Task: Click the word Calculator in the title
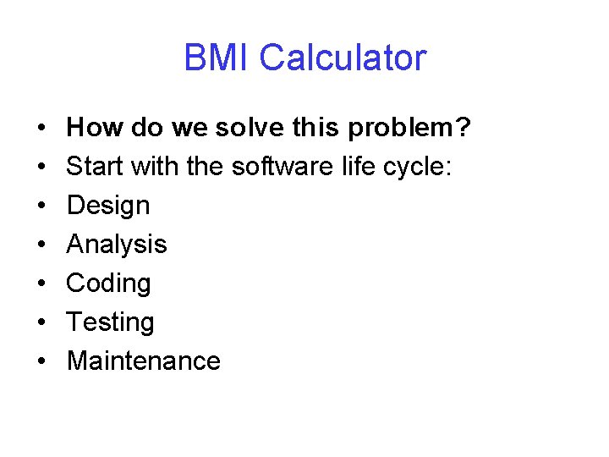[343, 58]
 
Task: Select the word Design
[107, 206]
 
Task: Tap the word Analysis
[116, 245]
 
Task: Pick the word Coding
[108, 284]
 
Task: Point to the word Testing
[110, 322]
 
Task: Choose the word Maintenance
[143, 361]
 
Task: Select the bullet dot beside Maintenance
[41, 361]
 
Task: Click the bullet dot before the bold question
[41, 129]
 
